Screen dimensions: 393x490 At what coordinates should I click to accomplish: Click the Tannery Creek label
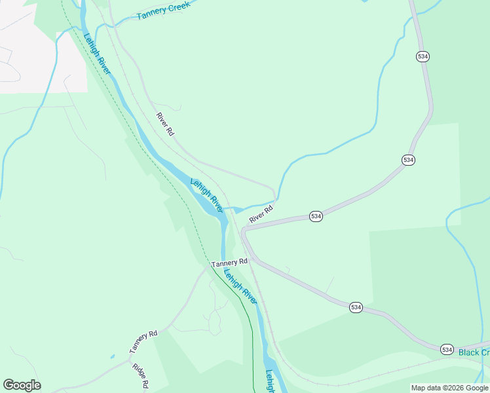[163, 10]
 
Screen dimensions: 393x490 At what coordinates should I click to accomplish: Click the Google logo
[22, 385]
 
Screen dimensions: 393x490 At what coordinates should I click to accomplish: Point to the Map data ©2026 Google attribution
[449, 388]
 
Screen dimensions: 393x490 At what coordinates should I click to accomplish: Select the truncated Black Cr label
[474, 352]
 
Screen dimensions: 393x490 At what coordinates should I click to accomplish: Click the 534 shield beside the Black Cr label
[447, 349]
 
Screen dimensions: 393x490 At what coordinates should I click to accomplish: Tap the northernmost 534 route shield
[423, 57]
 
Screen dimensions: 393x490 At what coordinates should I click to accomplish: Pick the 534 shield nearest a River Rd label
[316, 216]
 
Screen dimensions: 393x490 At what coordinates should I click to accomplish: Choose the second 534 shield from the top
[409, 160]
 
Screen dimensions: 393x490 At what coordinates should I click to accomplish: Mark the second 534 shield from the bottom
[356, 307]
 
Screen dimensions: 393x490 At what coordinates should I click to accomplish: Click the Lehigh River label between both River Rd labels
[206, 195]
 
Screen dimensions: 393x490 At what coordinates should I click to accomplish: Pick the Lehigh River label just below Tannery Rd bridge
[240, 286]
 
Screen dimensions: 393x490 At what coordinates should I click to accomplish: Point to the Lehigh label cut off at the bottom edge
[270, 381]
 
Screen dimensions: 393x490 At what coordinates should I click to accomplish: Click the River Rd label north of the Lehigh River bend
[165, 124]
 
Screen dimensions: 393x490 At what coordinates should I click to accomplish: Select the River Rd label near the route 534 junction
[261, 213]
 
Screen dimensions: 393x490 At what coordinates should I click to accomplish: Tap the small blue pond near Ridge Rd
[113, 356]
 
